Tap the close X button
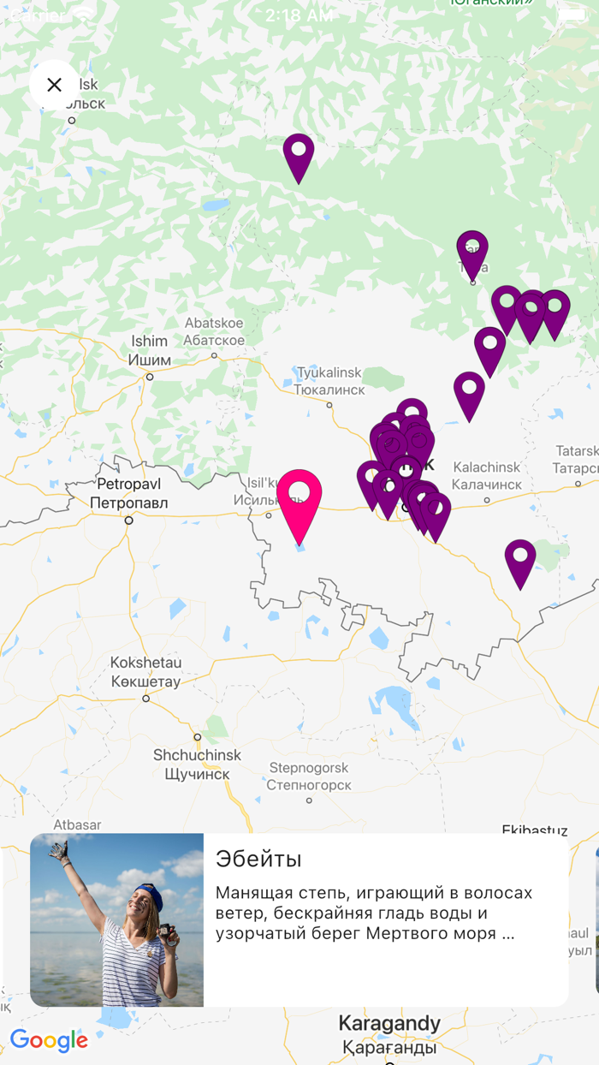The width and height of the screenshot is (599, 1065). pos(54,85)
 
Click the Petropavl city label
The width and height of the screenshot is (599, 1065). pos(128,493)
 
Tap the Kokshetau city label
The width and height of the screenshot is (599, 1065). pos(145,672)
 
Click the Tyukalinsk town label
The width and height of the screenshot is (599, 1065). pos(329,381)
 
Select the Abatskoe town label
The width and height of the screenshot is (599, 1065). pos(214,331)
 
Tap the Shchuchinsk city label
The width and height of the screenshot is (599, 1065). pos(197,765)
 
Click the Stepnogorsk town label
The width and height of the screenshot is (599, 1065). pos(309,776)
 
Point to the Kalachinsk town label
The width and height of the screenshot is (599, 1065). pos(486,476)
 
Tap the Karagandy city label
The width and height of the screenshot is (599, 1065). pos(389,1034)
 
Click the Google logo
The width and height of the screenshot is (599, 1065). pos(50,1040)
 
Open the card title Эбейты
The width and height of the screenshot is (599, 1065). pos(258,860)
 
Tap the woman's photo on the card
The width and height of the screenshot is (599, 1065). pos(117,920)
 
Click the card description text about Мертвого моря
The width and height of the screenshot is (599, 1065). pos(374,913)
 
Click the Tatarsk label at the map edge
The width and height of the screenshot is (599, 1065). pos(576,459)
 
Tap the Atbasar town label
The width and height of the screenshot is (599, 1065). pos(77,824)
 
